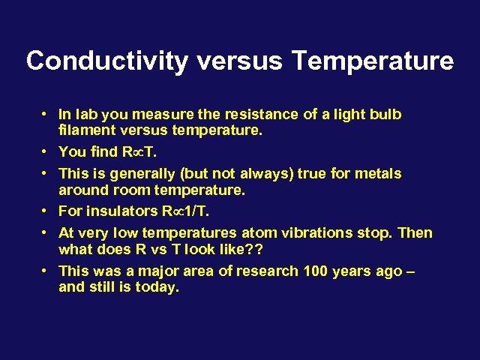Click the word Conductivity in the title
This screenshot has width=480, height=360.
[x=106, y=61]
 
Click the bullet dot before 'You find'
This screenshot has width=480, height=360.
[x=46, y=151]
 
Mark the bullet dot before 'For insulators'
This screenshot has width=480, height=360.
[x=46, y=211]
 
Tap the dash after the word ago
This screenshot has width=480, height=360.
[x=409, y=271]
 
